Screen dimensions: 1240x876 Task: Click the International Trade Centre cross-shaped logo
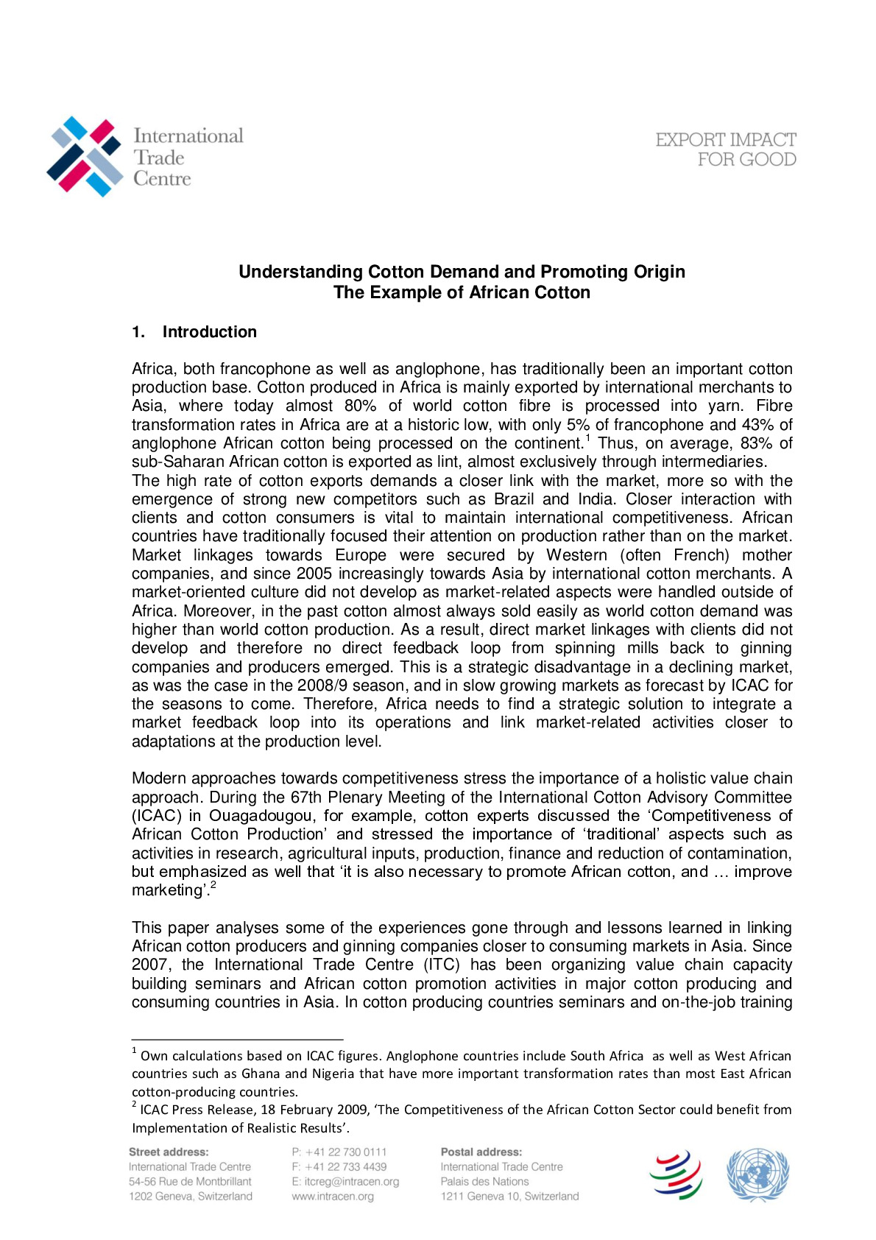point(85,156)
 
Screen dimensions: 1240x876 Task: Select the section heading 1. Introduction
point(194,332)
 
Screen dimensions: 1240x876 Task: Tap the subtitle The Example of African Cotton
point(462,292)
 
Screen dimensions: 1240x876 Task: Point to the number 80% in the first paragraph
point(361,406)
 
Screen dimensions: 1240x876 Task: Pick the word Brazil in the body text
point(513,499)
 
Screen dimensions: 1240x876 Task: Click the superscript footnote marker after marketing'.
point(213,885)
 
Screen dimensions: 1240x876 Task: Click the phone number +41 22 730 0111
point(345,1152)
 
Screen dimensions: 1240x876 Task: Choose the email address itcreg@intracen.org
point(351,1181)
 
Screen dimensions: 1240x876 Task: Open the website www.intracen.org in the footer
point(333,1196)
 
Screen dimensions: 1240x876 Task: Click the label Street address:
point(169,1152)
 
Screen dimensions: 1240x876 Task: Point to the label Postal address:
point(481,1152)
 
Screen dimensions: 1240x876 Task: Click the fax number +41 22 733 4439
point(345,1166)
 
